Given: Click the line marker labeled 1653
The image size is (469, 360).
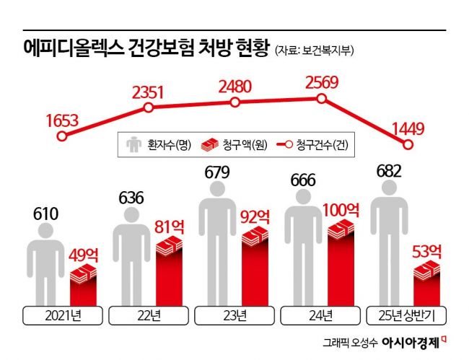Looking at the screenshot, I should click(62, 136).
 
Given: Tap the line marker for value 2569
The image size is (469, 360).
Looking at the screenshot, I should click(321, 100).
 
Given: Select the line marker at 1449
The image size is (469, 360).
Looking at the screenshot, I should click(408, 145).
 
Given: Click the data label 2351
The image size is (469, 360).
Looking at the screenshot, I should click(149, 92).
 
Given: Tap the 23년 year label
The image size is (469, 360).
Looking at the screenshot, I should click(234, 315).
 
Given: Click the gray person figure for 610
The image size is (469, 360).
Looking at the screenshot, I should click(43, 267).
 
